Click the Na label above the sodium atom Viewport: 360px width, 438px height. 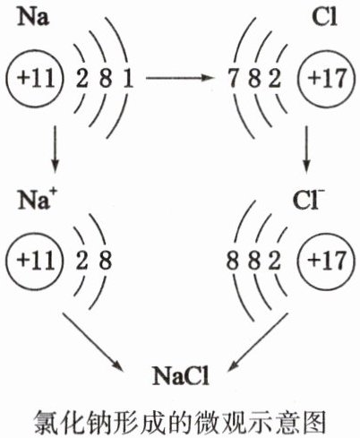click(x=33, y=17)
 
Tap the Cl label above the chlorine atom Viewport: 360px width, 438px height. click(x=324, y=17)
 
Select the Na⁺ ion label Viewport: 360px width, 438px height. click(x=37, y=199)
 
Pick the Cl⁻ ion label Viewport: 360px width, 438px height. click(x=309, y=200)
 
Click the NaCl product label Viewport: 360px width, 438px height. click(x=181, y=376)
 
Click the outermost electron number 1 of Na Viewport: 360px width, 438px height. click(x=128, y=79)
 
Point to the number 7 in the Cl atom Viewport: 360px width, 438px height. click(x=233, y=78)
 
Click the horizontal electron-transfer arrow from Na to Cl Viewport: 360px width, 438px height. click(x=180, y=78)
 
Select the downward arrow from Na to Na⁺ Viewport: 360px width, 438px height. click(x=55, y=150)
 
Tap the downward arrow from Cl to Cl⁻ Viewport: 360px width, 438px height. click(x=306, y=150)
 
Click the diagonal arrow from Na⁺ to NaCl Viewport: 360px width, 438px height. click(x=93, y=342)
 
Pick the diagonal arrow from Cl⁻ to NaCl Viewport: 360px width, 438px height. click(x=259, y=342)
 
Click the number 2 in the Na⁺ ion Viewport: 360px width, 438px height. click(x=81, y=261)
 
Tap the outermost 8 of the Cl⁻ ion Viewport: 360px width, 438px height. click(x=233, y=261)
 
